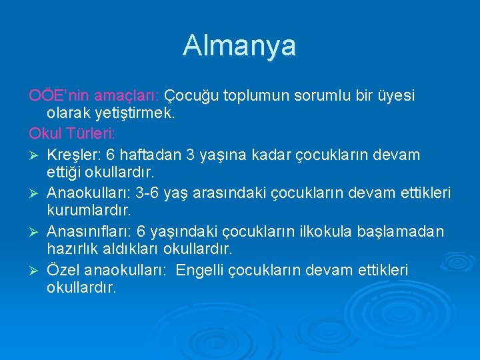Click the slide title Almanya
(x=239, y=46)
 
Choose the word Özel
(x=61, y=270)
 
